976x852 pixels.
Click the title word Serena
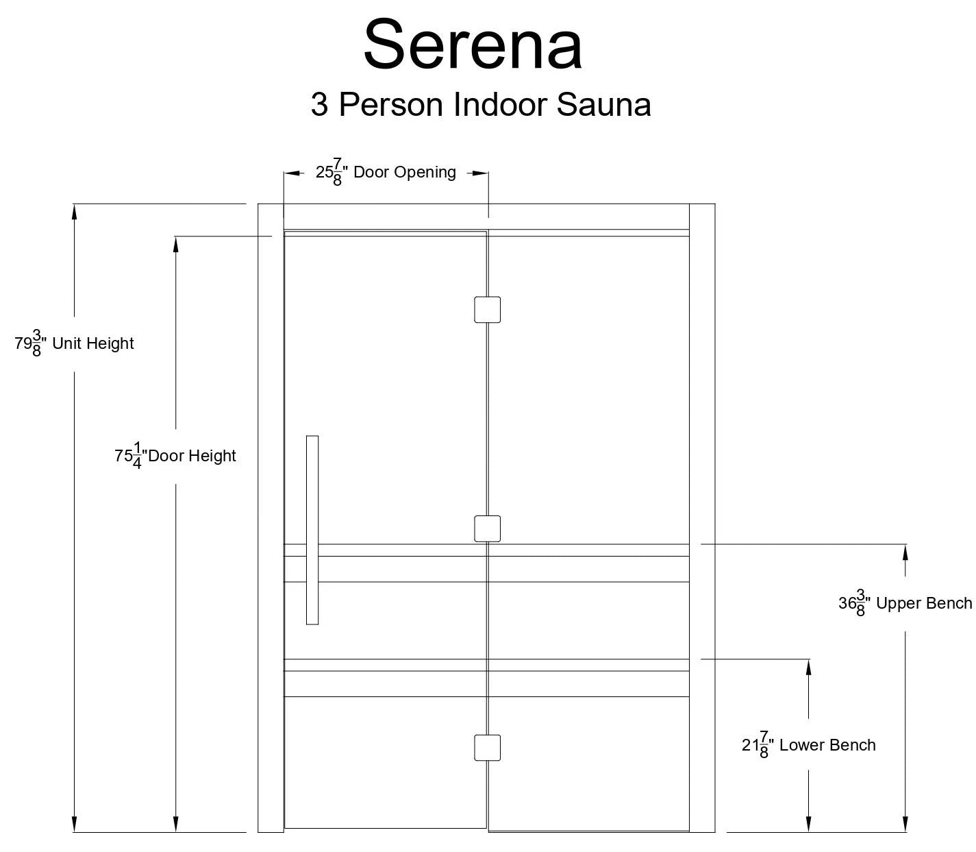click(x=473, y=45)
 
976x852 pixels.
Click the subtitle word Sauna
click(x=603, y=105)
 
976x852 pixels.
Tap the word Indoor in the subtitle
click(x=499, y=104)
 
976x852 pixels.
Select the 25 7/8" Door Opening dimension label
click(x=386, y=172)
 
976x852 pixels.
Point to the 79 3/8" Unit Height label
click(x=74, y=343)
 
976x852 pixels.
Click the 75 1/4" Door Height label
click(x=175, y=455)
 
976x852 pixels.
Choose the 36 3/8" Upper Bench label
click(x=905, y=603)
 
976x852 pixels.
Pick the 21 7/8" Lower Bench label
click(x=809, y=744)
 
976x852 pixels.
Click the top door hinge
click(x=487, y=310)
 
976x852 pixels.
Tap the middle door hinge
click(x=487, y=529)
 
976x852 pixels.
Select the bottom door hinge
click(x=487, y=747)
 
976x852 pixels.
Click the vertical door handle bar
click(x=312, y=530)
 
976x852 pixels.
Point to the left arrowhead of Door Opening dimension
click(x=292, y=173)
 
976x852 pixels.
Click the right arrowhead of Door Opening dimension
click(x=480, y=173)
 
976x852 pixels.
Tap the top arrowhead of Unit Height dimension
click(x=74, y=212)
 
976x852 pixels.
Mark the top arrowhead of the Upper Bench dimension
click(x=905, y=552)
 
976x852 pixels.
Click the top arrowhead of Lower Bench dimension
click(x=809, y=668)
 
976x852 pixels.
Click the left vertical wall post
click(x=271, y=518)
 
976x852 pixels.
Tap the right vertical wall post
click(x=702, y=518)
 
